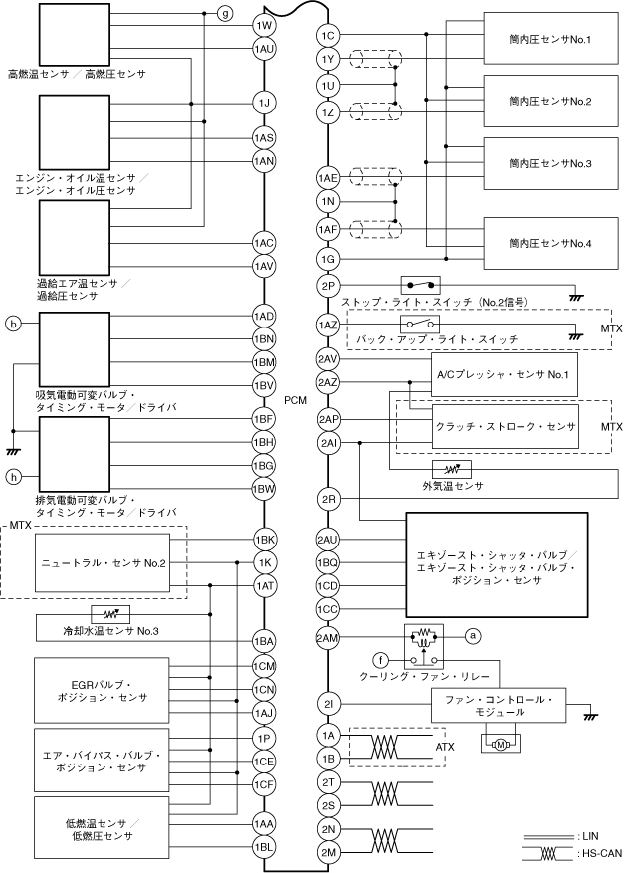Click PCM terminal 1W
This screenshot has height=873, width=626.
tap(265, 25)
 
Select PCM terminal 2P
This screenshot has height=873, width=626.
tap(328, 286)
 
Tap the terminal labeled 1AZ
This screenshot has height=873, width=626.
tap(328, 325)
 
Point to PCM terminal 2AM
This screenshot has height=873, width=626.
tap(328, 638)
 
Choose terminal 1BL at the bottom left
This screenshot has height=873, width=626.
tap(265, 847)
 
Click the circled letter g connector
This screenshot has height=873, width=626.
tap(224, 13)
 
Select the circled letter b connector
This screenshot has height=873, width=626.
tap(13, 323)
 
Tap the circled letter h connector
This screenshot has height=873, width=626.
tap(13, 477)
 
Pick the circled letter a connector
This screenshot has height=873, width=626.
tap(473, 635)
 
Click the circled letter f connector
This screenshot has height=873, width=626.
tap(381, 661)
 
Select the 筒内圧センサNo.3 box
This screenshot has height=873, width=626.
tap(551, 163)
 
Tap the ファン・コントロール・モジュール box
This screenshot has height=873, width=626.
tap(499, 706)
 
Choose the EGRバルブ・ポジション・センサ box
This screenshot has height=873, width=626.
tap(102, 691)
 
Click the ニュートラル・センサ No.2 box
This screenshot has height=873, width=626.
tap(103, 562)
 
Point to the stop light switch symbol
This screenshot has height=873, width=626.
tap(421, 285)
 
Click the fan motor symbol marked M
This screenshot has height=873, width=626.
tap(501, 745)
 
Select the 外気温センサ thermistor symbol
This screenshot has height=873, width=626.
tap(452, 469)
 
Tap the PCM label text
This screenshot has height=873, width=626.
tap(295, 400)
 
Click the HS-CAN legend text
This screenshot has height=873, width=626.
tap(601, 853)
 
